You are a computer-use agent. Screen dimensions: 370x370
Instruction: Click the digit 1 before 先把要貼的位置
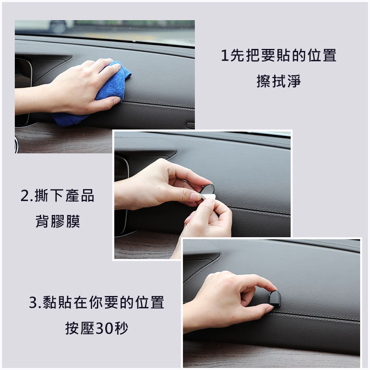(x=224, y=55)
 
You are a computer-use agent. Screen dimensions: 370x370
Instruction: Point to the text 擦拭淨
(x=278, y=81)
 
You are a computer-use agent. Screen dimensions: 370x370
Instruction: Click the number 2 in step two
(x=24, y=196)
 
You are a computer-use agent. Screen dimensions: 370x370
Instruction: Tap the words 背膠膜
(x=58, y=222)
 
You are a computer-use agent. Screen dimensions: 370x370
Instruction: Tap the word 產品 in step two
(x=81, y=196)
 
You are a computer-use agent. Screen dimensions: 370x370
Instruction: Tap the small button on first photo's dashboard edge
(x=190, y=125)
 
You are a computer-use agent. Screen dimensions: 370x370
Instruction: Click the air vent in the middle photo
(x=121, y=193)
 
